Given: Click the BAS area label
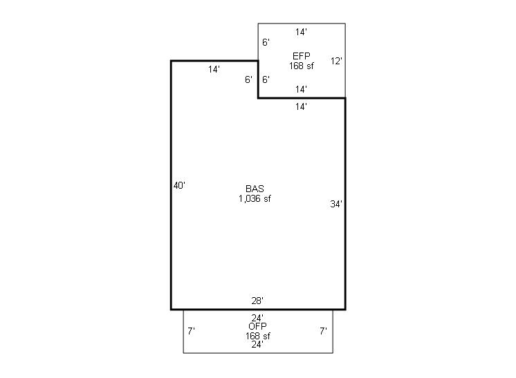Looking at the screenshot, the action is click(255, 189).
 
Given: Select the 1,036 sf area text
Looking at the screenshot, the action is click(255, 198).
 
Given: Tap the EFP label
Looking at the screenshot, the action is click(302, 56).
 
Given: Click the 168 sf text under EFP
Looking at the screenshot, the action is click(302, 66).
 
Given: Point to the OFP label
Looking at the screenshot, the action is click(258, 326).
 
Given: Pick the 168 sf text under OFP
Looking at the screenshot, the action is click(258, 336).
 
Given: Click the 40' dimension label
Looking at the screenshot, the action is click(179, 186).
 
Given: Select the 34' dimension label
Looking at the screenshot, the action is click(336, 204).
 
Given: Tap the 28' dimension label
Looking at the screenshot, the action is click(257, 301).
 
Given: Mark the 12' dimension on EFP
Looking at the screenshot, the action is click(336, 61).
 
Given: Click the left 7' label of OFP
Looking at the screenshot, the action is click(191, 331).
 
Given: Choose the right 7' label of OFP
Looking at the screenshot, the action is click(324, 331).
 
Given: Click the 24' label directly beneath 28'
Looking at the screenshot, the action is click(257, 318).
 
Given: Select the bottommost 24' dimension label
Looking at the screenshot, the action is click(257, 344).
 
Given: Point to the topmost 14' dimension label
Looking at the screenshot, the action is click(301, 32).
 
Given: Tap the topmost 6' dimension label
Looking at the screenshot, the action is click(266, 42).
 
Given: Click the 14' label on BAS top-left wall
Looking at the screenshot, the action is click(214, 69).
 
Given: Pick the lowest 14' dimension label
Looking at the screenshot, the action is click(301, 106).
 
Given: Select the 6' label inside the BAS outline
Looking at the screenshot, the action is click(248, 79).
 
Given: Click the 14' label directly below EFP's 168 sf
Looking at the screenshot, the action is click(301, 89).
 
